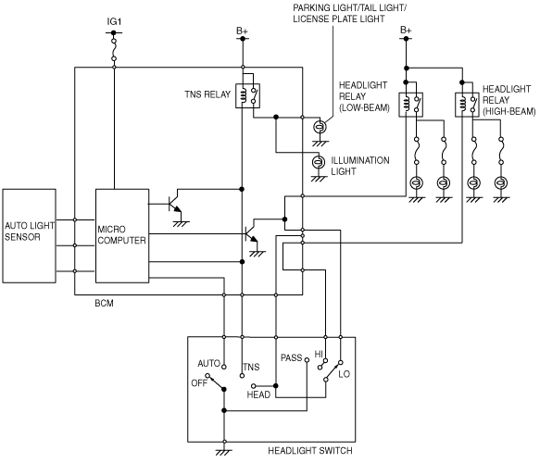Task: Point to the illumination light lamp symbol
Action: [319, 162]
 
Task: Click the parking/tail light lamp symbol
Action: [320, 127]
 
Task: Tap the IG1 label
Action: [114, 21]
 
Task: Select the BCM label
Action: [104, 304]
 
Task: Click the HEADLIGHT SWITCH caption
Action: [310, 451]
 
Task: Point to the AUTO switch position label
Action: [208, 363]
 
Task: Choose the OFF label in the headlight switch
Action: [199, 382]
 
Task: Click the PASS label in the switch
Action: [292, 357]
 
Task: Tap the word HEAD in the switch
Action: [258, 394]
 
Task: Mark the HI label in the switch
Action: [319, 355]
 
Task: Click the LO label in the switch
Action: [344, 374]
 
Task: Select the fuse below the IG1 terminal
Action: [114, 50]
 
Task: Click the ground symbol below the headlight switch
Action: [224, 451]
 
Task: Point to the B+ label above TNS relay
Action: [242, 31]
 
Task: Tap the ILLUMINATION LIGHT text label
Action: [360, 166]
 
